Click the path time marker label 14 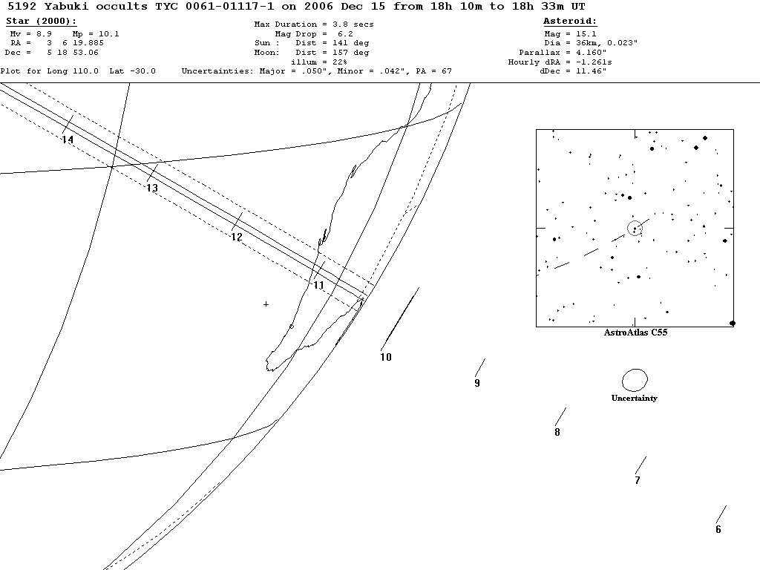[x=68, y=140]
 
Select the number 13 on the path [x=152, y=189]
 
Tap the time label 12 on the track [x=237, y=237]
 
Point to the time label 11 [x=319, y=286]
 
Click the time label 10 [x=386, y=357]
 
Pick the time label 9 [x=477, y=384]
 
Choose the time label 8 [x=557, y=433]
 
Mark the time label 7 [x=638, y=481]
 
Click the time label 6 [x=718, y=530]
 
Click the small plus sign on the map [x=266, y=304]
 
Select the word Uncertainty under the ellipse [x=634, y=399]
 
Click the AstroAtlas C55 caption [x=635, y=333]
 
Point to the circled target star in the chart [x=635, y=228]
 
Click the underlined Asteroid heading [x=570, y=22]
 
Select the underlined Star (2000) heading [x=41, y=22]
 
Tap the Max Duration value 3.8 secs [x=348, y=24]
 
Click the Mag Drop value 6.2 [x=345, y=34]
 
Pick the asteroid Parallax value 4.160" [x=591, y=53]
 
